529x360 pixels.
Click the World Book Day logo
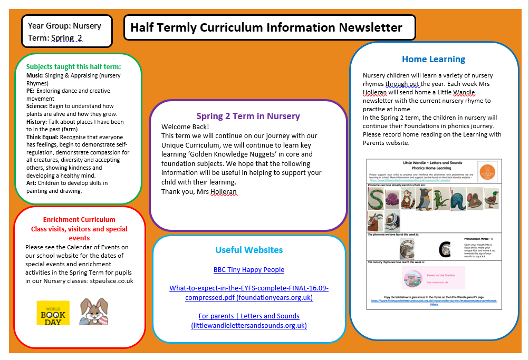coord(53,313)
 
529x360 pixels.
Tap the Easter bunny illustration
coord(93,312)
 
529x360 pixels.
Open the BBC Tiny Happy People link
coord(249,269)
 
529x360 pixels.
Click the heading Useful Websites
coord(249,250)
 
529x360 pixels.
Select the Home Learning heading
coord(434,59)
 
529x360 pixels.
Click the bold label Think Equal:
coord(43,137)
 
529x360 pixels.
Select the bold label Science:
coord(37,106)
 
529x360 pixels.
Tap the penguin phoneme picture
coord(424,199)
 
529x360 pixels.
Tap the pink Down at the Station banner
coord(434,277)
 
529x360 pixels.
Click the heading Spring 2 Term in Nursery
coord(248,116)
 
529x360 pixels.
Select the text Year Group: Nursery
coord(64,25)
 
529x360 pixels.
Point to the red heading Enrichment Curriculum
coord(79,219)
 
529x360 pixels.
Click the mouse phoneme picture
coord(475,199)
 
